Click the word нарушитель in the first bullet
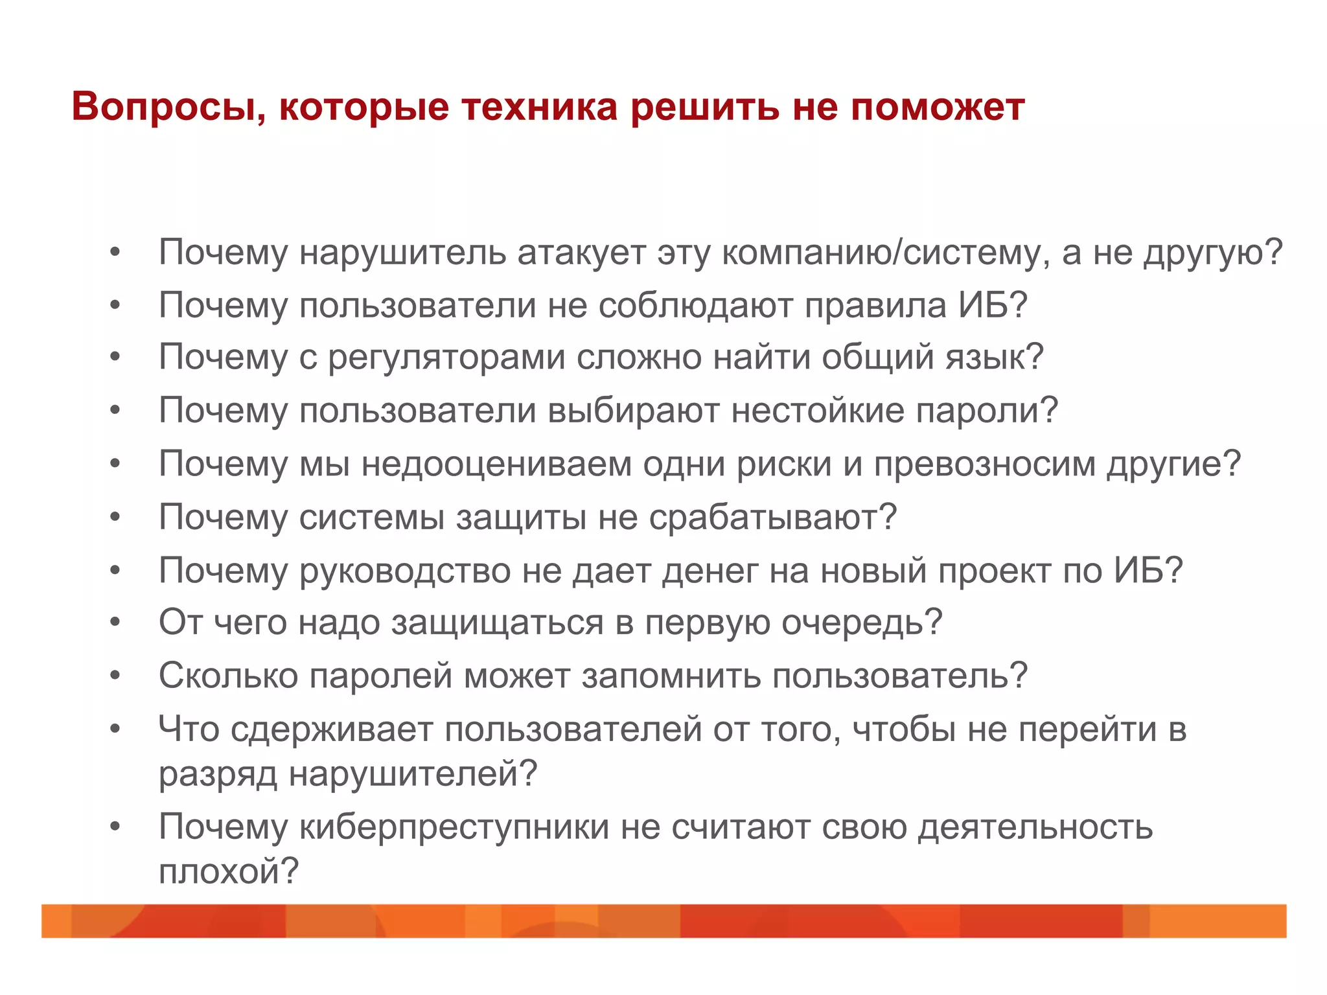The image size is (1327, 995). (x=402, y=252)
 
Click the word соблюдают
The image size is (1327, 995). (x=695, y=305)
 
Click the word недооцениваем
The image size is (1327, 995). (x=496, y=464)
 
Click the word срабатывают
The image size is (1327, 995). (x=772, y=517)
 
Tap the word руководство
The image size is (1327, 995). (x=405, y=570)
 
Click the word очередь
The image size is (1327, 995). (x=861, y=623)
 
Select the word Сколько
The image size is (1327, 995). (x=228, y=676)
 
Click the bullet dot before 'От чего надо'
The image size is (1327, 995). (x=115, y=623)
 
